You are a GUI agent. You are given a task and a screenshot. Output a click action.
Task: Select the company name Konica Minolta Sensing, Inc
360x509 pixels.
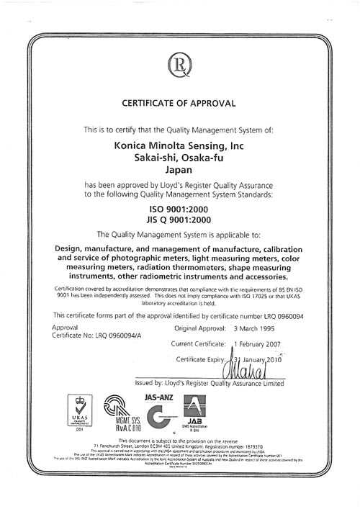[x=179, y=146]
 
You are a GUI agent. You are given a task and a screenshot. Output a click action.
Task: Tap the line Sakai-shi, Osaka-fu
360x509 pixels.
[x=179, y=158]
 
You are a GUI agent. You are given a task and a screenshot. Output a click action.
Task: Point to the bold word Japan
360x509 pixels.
[x=179, y=171]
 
